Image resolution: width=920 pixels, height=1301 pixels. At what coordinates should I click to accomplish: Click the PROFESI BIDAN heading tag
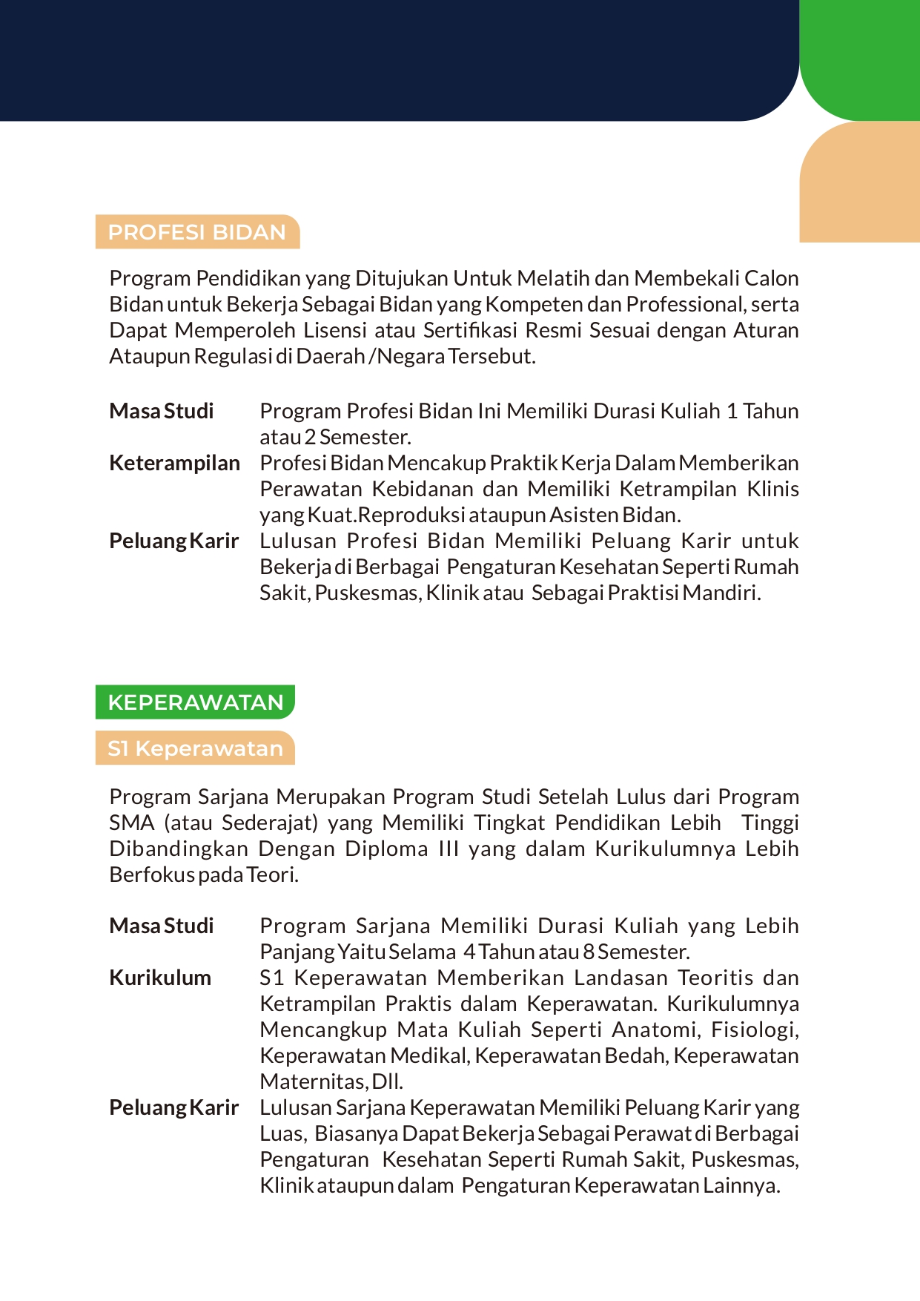197,232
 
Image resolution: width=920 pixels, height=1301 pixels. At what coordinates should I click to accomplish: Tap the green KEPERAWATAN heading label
195,702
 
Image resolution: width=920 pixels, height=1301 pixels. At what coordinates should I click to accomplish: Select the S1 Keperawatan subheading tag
195,748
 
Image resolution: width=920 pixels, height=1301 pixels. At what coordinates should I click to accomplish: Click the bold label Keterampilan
174,463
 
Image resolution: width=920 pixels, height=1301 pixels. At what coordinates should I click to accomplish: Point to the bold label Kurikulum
160,978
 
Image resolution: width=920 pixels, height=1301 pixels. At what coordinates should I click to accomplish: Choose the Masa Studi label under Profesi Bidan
162,411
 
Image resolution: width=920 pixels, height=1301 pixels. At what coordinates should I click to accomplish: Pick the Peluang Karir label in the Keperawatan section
174,1107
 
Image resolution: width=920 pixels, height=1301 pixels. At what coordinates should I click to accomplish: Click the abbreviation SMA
132,823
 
